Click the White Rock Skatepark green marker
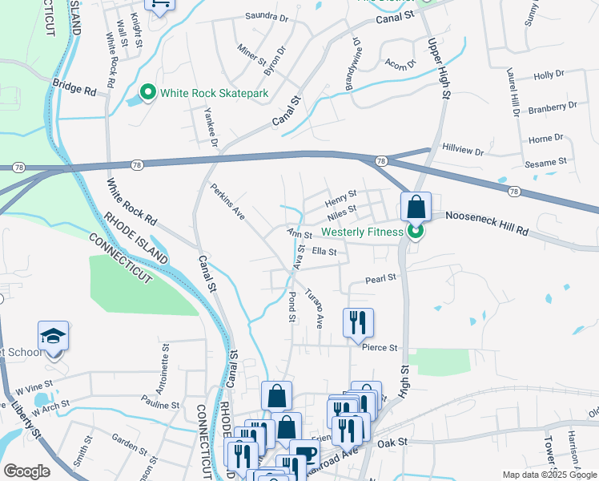click(147, 93)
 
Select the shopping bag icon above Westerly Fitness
click(416, 208)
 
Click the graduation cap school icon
click(53, 336)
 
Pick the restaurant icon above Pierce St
click(358, 323)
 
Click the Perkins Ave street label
click(227, 204)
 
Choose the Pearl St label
click(380, 279)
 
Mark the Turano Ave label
click(314, 309)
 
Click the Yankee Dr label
click(211, 127)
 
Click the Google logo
click(27, 471)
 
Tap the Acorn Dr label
click(400, 63)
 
